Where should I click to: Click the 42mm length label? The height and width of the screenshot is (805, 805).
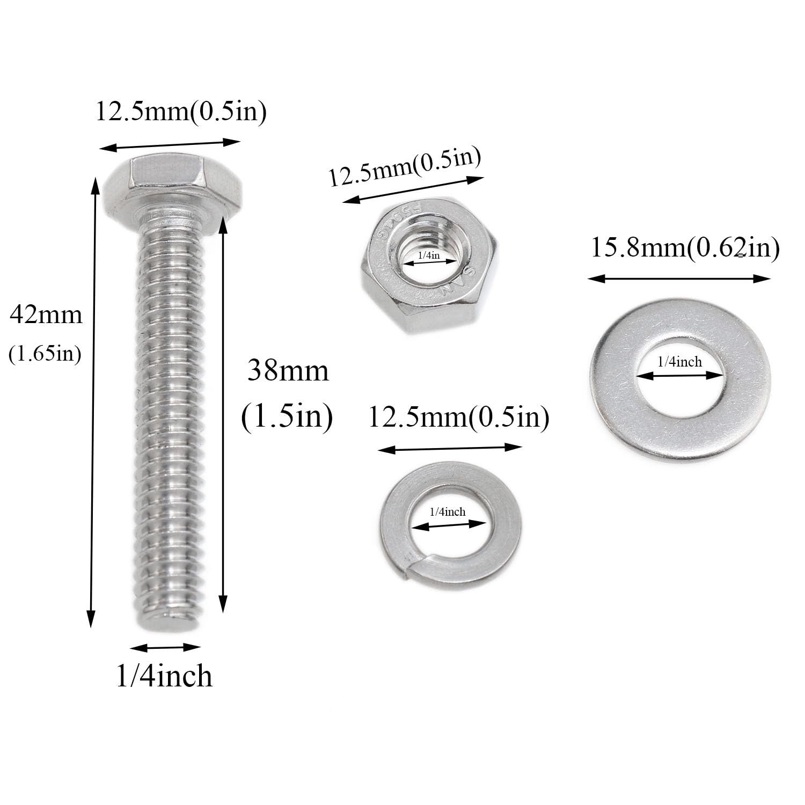tap(46, 315)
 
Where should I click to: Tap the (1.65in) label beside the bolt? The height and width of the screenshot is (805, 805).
tap(45, 354)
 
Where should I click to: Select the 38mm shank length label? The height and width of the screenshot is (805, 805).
tap(288, 371)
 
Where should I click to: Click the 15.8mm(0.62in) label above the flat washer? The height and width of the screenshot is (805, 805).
tap(685, 248)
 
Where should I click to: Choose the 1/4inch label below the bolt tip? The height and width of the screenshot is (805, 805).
tap(164, 676)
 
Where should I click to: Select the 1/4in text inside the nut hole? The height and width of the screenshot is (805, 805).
tap(429, 255)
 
